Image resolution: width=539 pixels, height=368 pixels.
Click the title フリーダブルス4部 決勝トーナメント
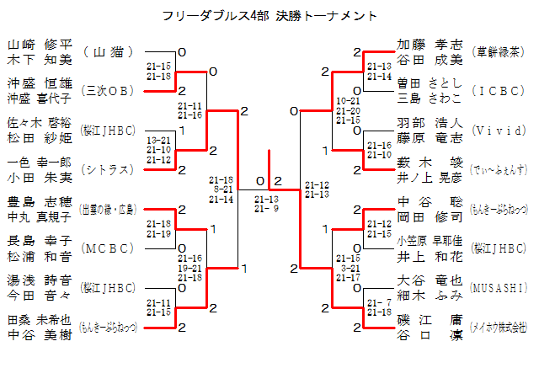[x=269, y=16]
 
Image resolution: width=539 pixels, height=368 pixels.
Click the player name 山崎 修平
[x=40, y=45]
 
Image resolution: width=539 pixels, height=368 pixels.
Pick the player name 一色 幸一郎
[x=40, y=162]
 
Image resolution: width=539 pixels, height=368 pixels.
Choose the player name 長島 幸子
[x=40, y=241]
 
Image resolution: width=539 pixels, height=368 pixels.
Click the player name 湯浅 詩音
[x=40, y=280]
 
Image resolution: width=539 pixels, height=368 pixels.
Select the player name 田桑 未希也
[x=40, y=320]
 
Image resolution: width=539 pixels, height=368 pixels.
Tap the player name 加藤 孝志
[x=430, y=45]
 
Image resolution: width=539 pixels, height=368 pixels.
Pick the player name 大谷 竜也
[x=430, y=280]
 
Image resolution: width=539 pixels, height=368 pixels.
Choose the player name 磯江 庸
[x=430, y=320]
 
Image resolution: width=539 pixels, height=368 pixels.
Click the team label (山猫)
[x=109, y=52]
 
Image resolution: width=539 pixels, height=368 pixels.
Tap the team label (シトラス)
[x=109, y=170]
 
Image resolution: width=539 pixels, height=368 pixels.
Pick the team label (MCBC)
[x=109, y=248]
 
